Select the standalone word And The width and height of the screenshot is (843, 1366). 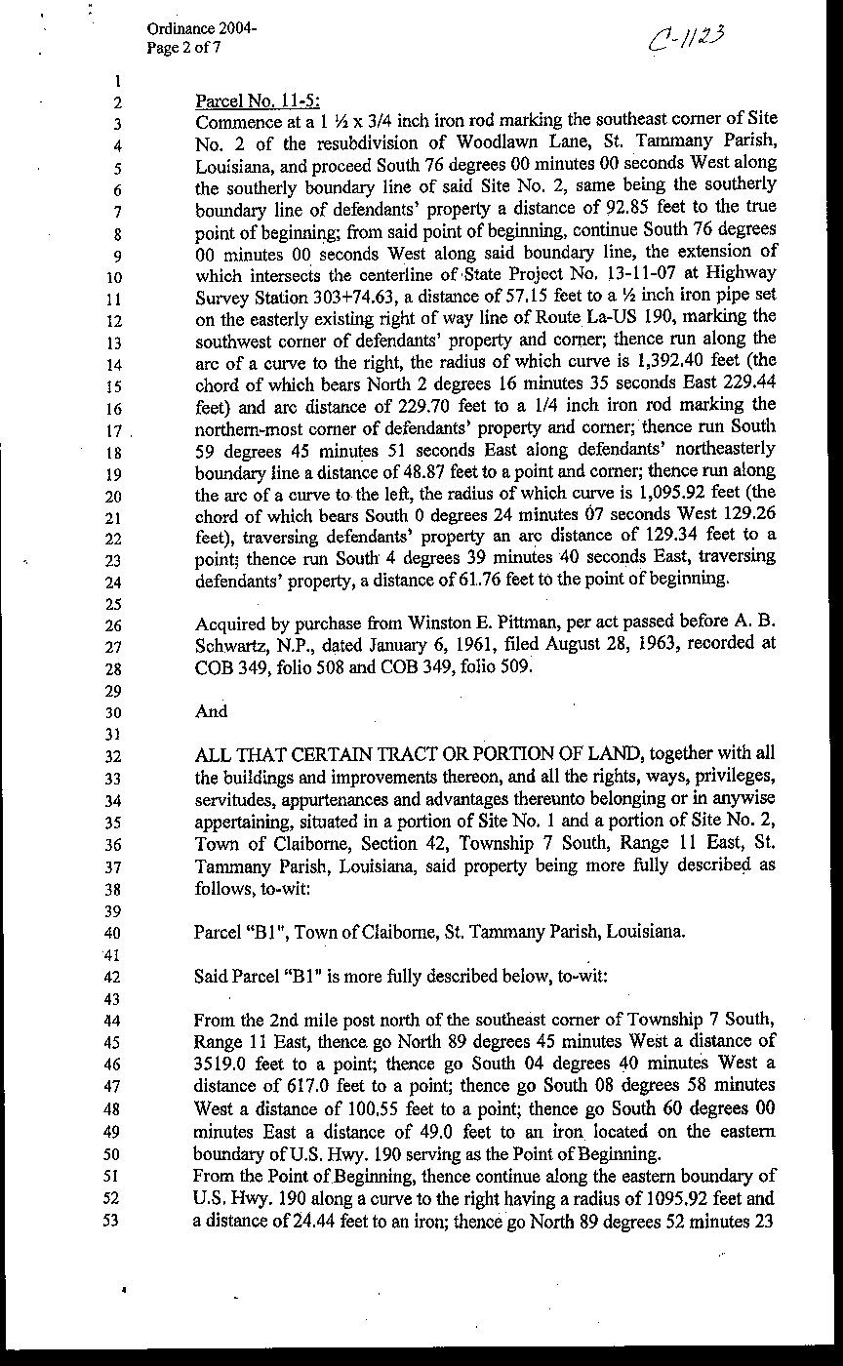click(212, 711)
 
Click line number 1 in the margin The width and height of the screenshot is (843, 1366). click(116, 82)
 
